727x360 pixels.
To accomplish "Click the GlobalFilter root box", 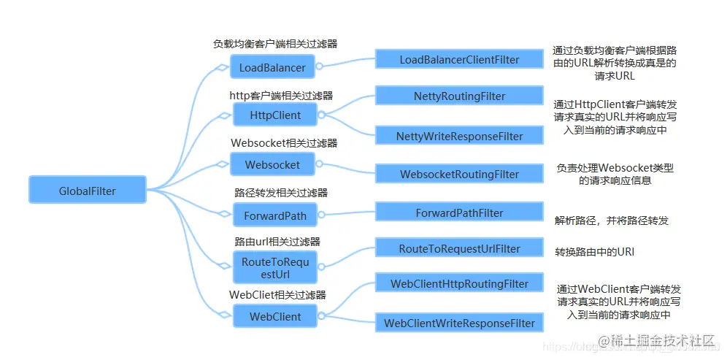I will tap(87, 191).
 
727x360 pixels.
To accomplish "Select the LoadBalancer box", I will tap(272, 68).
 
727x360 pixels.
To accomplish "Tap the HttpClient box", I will tap(274, 115).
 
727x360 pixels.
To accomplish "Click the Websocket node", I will tap(272, 164).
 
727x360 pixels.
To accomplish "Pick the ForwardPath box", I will tap(274, 215).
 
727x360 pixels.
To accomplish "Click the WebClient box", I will tap(274, 317).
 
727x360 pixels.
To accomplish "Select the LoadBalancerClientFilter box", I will tap(459, 59).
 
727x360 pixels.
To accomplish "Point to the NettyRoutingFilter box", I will tap(459, 96).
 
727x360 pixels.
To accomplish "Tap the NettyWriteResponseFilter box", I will tap(459, 136).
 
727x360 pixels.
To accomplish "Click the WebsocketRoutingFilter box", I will tap(459, 175).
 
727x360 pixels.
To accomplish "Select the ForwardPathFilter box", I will tap(459, 212).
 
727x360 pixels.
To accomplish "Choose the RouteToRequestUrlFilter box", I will tap(459, 248).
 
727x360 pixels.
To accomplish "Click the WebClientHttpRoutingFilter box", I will tap(459, 283).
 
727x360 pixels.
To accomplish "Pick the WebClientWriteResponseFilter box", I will tap(459, 323).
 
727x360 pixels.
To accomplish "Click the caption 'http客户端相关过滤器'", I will tap(281, 95).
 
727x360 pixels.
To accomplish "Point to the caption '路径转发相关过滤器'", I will tap(281, 193).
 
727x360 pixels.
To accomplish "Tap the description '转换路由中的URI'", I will tap(594, 252).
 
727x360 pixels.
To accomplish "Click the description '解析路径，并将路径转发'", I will tap(612, 220).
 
